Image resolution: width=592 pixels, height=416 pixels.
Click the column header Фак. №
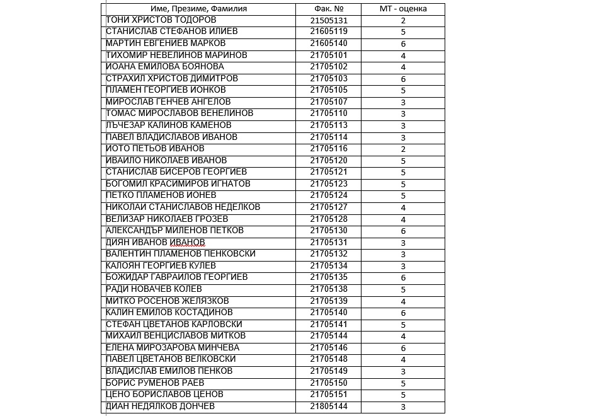pos(328,9)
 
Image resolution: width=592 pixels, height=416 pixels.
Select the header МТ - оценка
pos(403,9)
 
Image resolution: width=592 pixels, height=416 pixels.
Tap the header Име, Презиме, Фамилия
pos(199,9)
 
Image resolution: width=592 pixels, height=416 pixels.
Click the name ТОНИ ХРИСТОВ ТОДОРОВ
pos(162,20)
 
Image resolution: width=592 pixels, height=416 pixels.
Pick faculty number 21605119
pos(329,32)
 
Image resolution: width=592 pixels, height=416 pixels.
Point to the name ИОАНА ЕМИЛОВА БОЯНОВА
pos(165,67)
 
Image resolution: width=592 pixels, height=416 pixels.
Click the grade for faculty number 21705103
pos(403,79)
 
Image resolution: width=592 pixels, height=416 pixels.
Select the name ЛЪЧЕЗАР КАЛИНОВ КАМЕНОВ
pos(169,125)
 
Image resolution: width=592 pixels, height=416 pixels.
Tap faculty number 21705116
pos(329,149)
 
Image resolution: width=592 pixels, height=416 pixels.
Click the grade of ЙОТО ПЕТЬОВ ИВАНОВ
pos(403,149)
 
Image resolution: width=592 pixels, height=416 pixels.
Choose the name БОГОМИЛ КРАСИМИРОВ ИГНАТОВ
pos(178,184)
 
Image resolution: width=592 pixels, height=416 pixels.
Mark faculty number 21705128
pos(329,219)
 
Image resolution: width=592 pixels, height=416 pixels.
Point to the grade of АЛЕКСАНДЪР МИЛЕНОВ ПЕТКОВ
pos(403,231)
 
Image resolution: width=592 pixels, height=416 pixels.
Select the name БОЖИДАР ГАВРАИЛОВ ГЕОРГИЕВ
pos(177,277)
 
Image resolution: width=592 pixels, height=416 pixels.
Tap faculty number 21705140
pos(329,313)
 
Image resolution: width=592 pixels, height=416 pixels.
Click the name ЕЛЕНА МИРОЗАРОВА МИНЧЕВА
pos(173,348)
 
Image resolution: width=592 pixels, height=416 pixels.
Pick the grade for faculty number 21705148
pos(403,359)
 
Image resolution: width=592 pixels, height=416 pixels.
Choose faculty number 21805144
pos(329,407)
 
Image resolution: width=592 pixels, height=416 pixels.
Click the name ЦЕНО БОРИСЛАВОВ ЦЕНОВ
pos(165,395)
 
